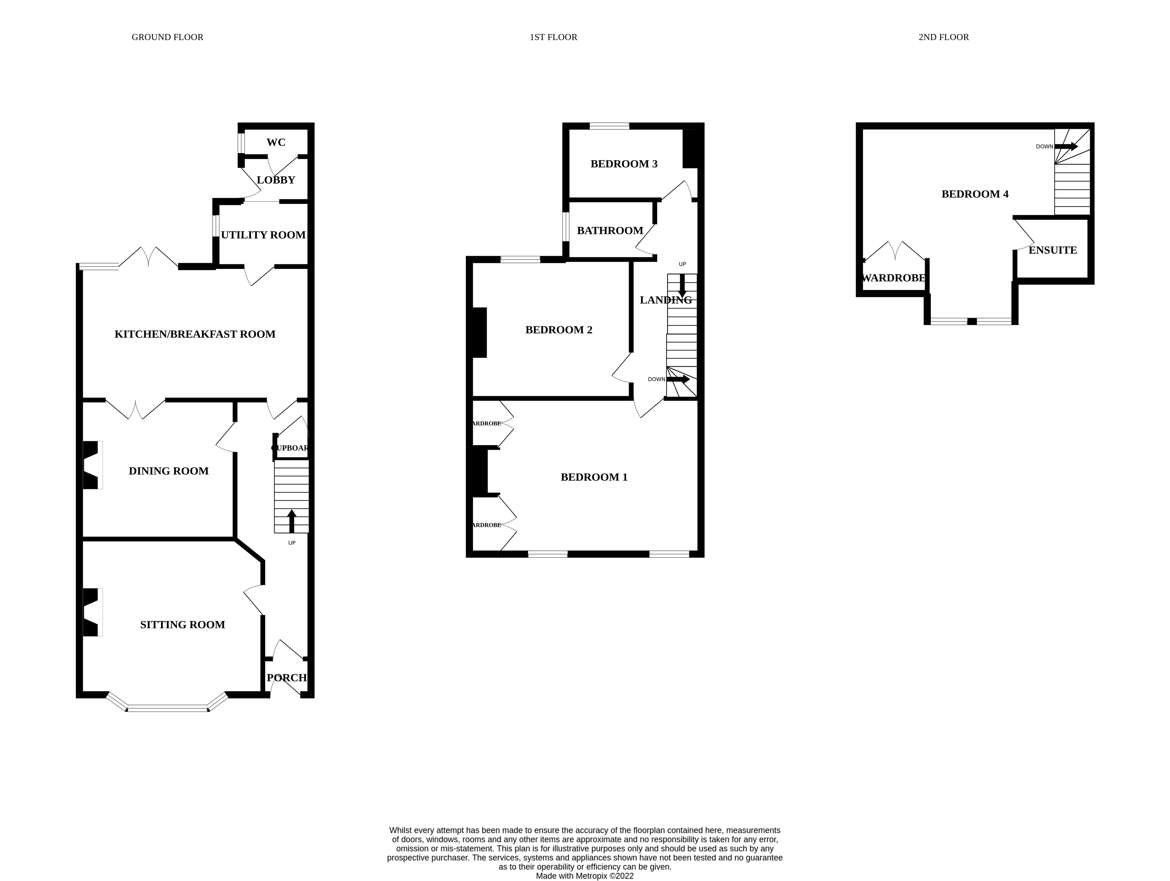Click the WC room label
click(x=276, y=142)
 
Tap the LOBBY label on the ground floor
click(x=276, y=180)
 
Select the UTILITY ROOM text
click(x=263, y=235)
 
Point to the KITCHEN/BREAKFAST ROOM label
click(x=194, y=334)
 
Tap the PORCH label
click(x=286, y=678)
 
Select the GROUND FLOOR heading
click(x=167, y=37)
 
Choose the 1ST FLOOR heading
click(x=553, y=37)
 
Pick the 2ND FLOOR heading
click(x=943, y=37)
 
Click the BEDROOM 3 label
click(x=624, y=164)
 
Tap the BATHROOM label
click(x=610, y=231)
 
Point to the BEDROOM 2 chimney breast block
click(x=479, y=332)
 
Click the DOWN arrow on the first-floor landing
click(x=678, y=379)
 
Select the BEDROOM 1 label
click(x=594, y=477)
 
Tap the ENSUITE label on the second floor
click(x=1053, y=250)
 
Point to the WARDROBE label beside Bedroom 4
click(x=894, y=278)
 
